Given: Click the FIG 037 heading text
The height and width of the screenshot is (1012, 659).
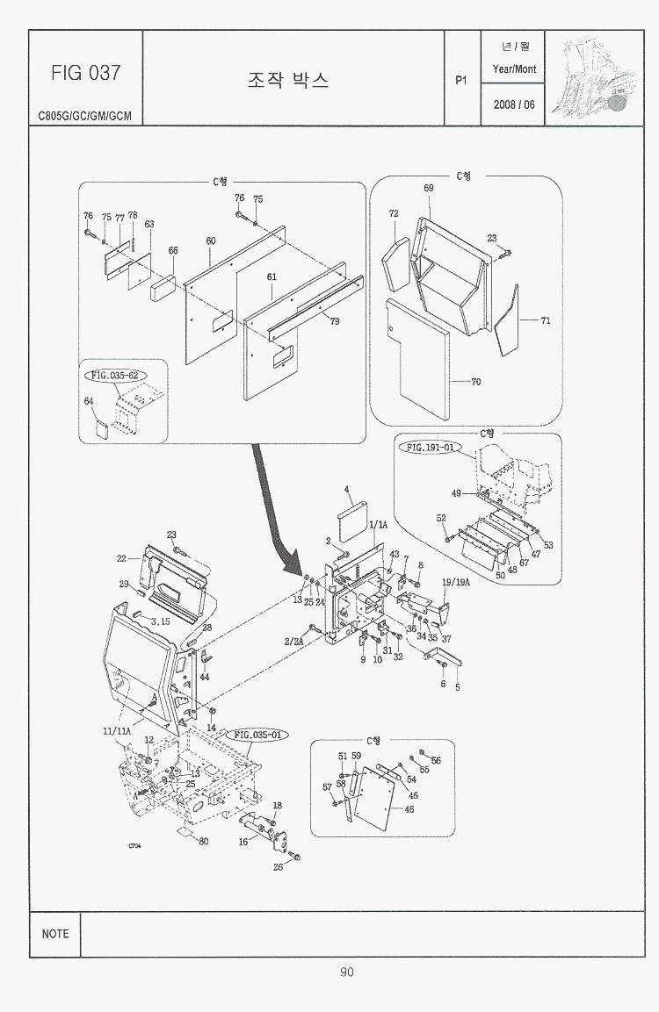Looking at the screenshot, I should click(85, 73).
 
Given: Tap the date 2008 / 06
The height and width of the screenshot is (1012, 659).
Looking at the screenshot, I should click(514, 104).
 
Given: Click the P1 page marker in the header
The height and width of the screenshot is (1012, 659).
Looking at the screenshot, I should click(461, 80).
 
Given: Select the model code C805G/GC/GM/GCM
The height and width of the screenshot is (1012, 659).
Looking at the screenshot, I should click(85, 116).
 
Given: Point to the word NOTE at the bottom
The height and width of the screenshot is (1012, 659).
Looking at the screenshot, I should click(54, 934).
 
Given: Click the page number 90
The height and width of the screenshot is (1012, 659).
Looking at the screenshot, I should click(347, 972).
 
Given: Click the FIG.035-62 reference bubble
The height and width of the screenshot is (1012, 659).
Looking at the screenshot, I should click(115, 375).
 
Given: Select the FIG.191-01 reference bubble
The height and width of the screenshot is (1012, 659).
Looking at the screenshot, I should click(431, 447).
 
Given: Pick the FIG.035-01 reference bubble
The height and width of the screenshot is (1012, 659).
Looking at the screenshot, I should click(258, 734).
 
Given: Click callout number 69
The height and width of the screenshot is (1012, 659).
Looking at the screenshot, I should click(429, 189).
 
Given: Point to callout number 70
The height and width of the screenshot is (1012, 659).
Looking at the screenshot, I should click(475, 382).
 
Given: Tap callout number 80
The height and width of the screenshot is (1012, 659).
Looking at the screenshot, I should click(204, 841).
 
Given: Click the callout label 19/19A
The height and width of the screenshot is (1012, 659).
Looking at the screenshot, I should click(457, 582).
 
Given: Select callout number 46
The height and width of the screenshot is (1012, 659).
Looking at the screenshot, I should click(409, 809).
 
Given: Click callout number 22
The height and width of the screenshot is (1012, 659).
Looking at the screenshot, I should click(122, 557).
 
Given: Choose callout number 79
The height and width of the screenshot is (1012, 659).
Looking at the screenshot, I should click(335, 321).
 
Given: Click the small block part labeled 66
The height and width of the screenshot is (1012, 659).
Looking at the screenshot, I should click(164, 287).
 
